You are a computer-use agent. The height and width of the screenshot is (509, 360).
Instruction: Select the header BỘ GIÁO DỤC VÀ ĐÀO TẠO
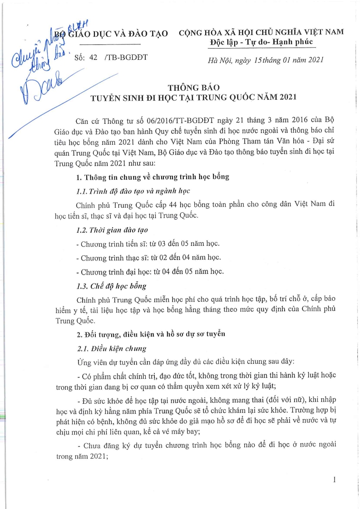click(x=111, y=34)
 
